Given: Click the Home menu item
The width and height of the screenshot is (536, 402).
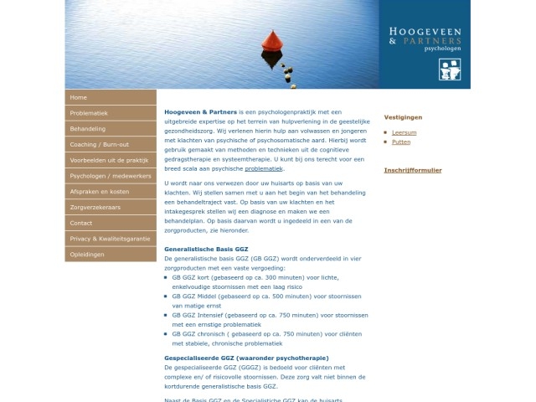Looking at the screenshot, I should click(x=79, y=98).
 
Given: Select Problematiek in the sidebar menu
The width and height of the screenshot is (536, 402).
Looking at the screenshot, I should click(x=89, y=113).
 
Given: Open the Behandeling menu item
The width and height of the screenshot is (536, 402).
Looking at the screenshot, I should click(x=88, y=129).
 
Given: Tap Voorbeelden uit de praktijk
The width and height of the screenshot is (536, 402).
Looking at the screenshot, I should click(x=109, y=160).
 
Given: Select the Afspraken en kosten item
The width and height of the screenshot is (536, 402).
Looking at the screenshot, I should click(x=99, y=192).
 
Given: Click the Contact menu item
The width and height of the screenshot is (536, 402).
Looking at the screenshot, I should click(x=81, y=223).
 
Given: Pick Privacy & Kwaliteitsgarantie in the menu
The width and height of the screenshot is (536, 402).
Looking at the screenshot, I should click(x=110, y=239).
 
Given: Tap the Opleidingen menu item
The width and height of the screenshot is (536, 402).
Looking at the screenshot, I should click(x=88, y=254).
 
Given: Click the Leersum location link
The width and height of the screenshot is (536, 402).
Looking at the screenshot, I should click(x=404, y=132).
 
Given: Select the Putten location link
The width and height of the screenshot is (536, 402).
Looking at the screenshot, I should click(x=401, y=142).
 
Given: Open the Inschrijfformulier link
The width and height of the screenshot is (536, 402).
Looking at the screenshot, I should click(x=413, y=170).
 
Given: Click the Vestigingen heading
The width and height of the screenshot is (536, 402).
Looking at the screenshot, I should click(x=403, y=117).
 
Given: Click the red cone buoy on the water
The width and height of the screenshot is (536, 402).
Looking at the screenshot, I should click(x=271, y=42).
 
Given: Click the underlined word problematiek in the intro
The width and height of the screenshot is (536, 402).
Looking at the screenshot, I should click(x=264, y=168).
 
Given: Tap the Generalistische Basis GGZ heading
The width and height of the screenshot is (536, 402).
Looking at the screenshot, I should click(x=206, y=250).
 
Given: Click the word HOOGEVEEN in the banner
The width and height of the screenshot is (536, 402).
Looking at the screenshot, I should click(x=425, y=30).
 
